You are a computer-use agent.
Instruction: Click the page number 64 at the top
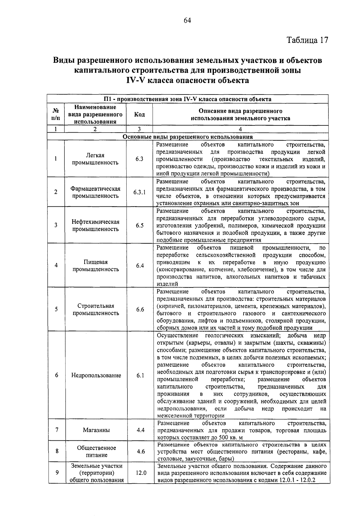tap(187, 20)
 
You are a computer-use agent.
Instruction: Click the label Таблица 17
tap(307, 40)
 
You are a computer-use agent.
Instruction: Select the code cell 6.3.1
tap(139, 192)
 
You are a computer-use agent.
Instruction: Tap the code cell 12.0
tap(141, 473)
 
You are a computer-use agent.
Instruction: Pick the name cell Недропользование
tap(96, 375)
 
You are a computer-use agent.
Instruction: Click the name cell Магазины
tap(96, 430)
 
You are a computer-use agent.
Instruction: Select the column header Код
tap(139, 114)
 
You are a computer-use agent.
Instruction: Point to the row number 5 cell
tap(56, 309)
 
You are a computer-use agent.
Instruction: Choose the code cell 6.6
tap(140, 309)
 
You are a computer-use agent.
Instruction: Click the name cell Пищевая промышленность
tap(96, 265)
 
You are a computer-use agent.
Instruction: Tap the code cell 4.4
tap(140, 430)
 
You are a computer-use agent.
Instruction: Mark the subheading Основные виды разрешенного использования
tap(188, 137)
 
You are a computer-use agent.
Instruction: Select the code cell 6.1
tap(140, 375)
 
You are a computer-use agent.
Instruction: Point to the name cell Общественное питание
tap(96, 451)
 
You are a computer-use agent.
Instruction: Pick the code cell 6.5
tap(139, 225)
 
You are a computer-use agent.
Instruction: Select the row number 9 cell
tap(57, 473)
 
